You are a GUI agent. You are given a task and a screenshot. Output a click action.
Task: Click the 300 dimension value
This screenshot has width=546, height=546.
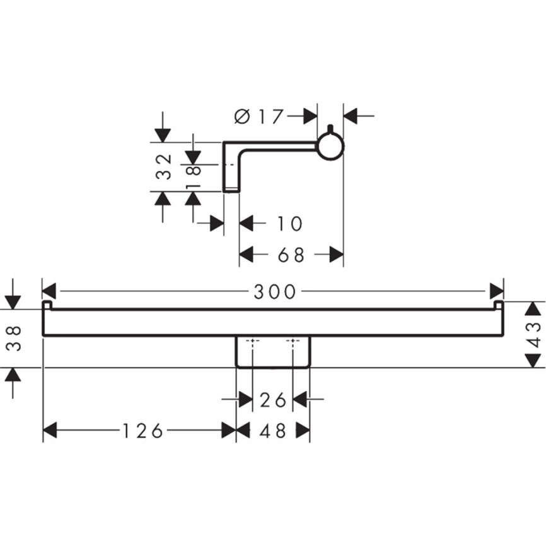tap(275, 292)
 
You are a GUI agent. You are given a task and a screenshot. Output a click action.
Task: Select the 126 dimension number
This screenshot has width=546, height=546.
tap(142, 431)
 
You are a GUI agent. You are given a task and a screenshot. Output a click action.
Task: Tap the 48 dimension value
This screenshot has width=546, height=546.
tap(273, 431)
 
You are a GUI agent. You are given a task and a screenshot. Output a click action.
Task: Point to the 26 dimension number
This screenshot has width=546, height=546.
tap(273, 400)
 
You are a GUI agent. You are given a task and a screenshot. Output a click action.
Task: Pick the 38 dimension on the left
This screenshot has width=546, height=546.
tap(14, 339)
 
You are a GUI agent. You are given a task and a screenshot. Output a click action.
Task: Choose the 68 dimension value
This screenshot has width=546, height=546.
tap(291, 255)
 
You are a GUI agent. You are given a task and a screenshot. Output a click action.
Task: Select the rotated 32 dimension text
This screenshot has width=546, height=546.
tap(163, 166)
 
